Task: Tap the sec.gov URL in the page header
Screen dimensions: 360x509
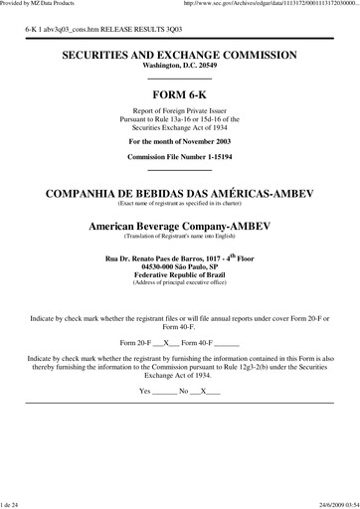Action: pos(270,5)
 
